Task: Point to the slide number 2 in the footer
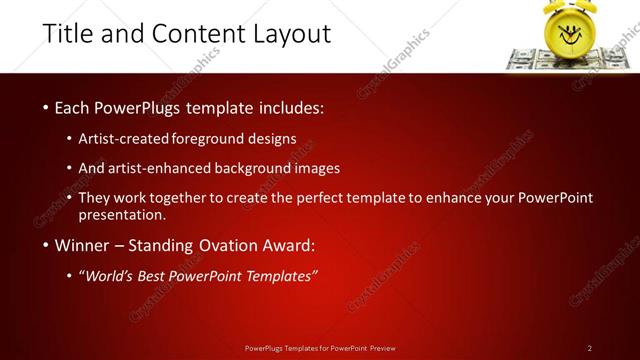point(590,348)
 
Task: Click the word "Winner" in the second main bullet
point(77,245)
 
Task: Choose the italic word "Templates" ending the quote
point(280,276)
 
